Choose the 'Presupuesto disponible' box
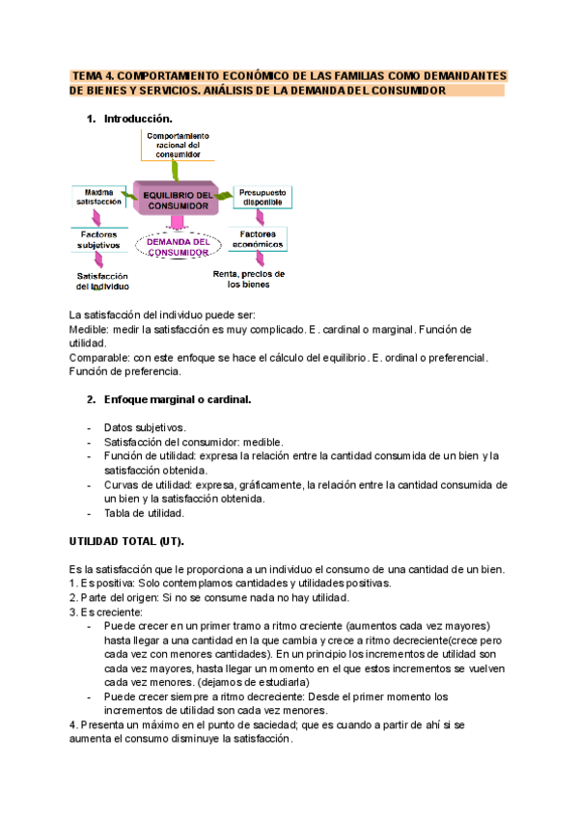pyautogui.click(x=262, y=197)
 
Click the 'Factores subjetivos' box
pyautogui.click(x=98, y=239)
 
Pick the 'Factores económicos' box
pyautogui.click(x=259, y=239)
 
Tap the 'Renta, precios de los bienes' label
pyautogui.click(x=249, y=279)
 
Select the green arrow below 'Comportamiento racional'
pyautogui.click(x=176, y=170)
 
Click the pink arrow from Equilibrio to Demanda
pyautogui.click(x=176, y=224)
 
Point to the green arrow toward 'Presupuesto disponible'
pyautogui.click(x=224, y=197)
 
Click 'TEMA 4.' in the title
pyautogui.click(x=94, y=75)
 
